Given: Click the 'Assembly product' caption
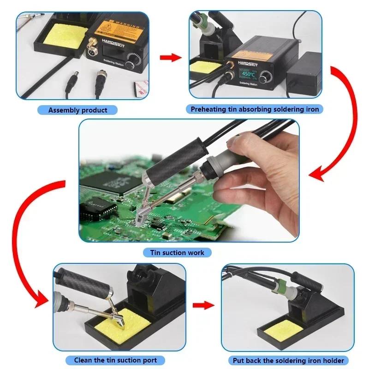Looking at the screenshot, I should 77,110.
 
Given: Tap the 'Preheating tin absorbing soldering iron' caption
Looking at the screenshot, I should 255,109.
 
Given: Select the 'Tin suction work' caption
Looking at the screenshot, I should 177,252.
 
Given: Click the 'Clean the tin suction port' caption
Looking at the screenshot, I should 115,360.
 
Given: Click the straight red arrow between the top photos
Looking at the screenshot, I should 170,58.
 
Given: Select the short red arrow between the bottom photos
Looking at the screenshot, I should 203,305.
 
